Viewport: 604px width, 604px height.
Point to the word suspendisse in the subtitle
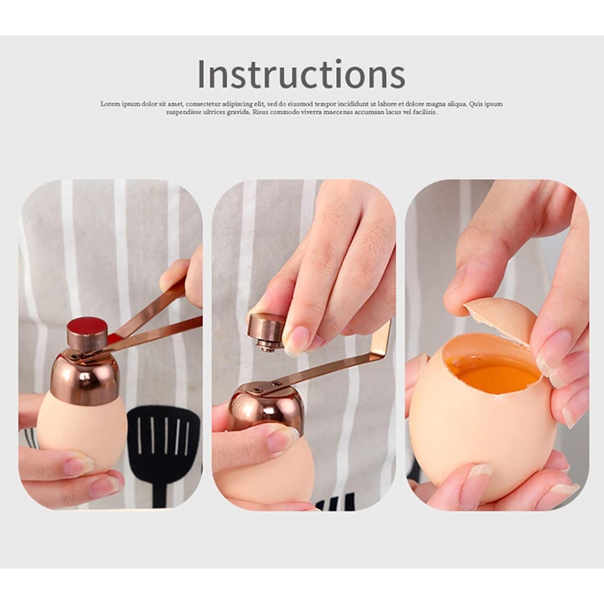[x=183, y=112]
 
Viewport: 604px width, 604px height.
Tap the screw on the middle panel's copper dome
[x=255, y=389]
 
